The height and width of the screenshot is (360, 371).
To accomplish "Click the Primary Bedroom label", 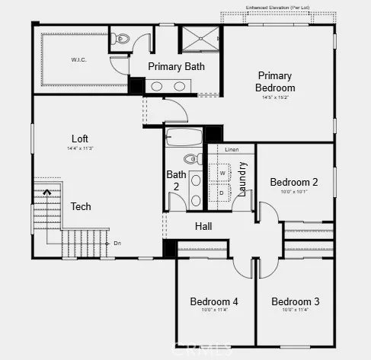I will (x=276, y=81).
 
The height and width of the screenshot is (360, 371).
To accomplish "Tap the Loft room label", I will (x=80, y=139).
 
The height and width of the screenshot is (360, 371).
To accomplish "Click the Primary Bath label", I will (x=176, y=66).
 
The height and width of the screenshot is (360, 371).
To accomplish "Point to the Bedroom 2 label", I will (x=293, y=182).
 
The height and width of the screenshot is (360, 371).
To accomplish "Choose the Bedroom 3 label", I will (x=295, y=301).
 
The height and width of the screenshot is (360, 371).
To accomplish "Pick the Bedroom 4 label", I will (x=214, y=301).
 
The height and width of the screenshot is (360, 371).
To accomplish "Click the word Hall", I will (x=203, y=226).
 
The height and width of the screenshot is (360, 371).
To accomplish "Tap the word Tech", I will (x=81, y=206).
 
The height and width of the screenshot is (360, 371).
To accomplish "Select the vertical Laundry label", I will (x=243, y=180).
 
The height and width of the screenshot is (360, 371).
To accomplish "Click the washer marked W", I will (x=223, y=173).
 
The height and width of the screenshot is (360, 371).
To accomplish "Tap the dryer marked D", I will (x=222, y=193).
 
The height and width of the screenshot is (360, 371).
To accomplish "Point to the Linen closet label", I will (x=232, y=150).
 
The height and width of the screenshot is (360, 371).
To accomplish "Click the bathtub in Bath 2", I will (x=184, y=138).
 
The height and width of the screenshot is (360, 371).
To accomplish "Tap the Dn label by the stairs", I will (x=117, y=244).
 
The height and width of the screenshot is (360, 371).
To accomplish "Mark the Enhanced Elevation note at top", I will (x=277, y=8).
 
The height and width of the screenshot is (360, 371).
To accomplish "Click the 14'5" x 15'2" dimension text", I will (x=276, y=97).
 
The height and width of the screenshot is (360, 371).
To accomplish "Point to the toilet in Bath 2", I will (x=189, y=159).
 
